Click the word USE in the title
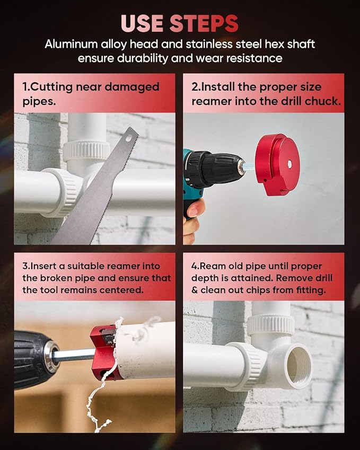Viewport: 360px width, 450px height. [x=143, y=23]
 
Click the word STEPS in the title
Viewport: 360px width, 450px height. [x=204, y=23]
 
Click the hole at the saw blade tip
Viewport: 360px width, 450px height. [x=128, y=137]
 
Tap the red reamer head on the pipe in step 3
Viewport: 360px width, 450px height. [x=103, y=352]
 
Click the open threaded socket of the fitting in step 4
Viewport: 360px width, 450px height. [x=294, y=366]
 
